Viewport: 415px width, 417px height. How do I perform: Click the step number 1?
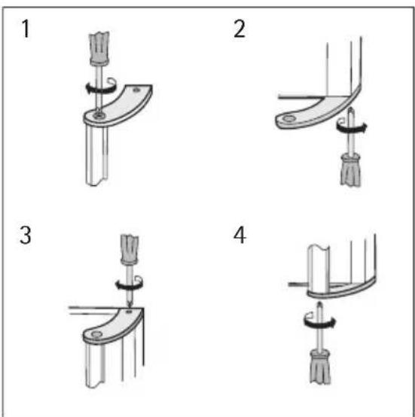tap(26, 29)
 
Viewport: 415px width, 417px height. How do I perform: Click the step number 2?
tap(240, 29)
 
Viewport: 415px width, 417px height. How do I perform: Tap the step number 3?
tap(26, 235)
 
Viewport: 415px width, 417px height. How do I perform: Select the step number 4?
tap(240, 235)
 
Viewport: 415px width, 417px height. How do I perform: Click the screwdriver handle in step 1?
tap(99, 48)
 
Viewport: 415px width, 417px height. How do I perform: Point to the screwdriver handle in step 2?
tap(351, 170)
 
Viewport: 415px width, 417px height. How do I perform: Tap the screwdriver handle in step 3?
tap(130, 250)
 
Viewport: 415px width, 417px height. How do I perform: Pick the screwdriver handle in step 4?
tap(320, 367)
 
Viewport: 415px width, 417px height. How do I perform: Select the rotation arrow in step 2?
tap(352, 126)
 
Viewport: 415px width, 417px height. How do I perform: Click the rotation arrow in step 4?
tap(319, 320)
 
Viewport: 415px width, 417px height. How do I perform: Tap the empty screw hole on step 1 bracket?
tap(136, 90)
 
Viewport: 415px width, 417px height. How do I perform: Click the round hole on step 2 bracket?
tap(289, 119)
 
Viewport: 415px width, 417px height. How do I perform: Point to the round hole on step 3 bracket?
tap(96, 334)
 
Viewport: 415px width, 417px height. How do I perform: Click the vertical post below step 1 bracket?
tap(97, 155)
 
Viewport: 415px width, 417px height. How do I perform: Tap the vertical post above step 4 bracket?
tap(319, 268)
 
